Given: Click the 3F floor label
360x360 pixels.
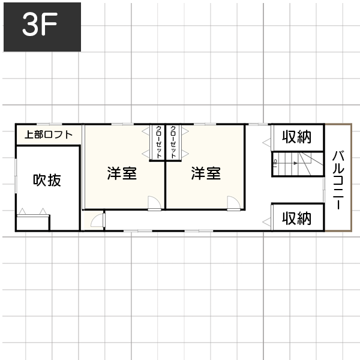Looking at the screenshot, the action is click(40, 24).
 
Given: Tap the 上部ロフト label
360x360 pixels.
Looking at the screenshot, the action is click(49, 134).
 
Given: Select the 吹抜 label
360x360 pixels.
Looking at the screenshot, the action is click(47, 180).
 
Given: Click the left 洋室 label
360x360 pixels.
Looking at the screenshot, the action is click(122, 173).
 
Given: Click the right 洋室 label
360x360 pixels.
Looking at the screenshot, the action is click(206, 173).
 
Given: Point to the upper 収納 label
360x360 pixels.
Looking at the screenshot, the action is click(297, 137).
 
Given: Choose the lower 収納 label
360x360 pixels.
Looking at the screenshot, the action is click(297, 218).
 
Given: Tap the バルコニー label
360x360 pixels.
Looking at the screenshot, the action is click(338, 180).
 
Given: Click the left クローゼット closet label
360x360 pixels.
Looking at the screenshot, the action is click(159, 142).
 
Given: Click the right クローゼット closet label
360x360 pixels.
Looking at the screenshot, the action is click(173, 142).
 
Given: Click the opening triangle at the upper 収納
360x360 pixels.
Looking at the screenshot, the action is click(266, 143).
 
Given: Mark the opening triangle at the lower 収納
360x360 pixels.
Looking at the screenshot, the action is click(266, 222).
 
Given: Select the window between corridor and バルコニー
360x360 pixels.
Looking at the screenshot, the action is click(324, 190).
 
